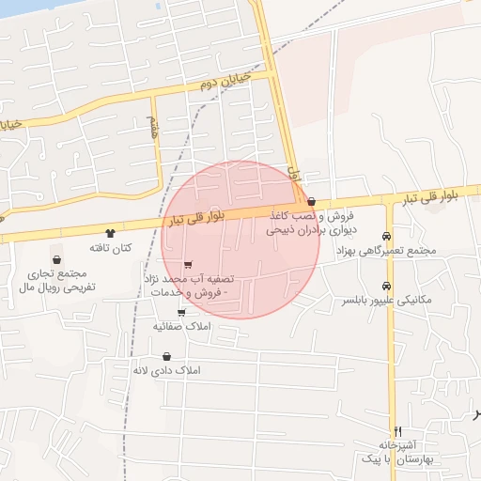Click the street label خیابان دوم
[x=225, y=81]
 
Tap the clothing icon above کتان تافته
[x=111, y=232]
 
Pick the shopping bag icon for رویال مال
[x=57, y=259]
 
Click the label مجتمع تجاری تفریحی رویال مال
[x=56, y=280]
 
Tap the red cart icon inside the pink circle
[x=189, y=264]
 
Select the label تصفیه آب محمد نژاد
[x=188, y=287]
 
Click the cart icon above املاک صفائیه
[x=181, y=311]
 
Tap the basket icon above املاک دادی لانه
[x=167, y=356]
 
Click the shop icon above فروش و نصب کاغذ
[x=311, y=201]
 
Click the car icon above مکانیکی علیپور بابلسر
[x=387, y=286]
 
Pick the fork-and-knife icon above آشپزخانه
[x=398, y=430]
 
